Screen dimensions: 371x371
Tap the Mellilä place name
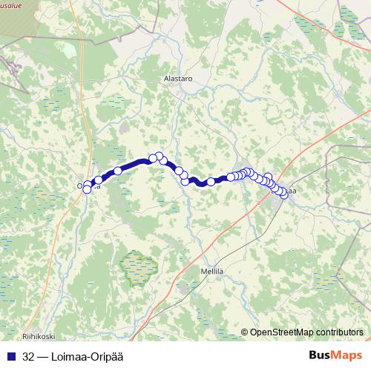tap(213, 271)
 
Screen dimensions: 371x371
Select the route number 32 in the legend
tap(29, 355)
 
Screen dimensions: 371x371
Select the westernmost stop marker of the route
tap(87, 189)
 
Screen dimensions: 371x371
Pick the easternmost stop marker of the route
tap(283, 194)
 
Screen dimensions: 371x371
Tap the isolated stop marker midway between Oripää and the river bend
tap(117, 171)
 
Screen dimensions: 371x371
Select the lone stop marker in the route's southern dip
tap(211, 182)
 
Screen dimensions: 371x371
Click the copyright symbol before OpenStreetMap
tap(244, 332)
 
